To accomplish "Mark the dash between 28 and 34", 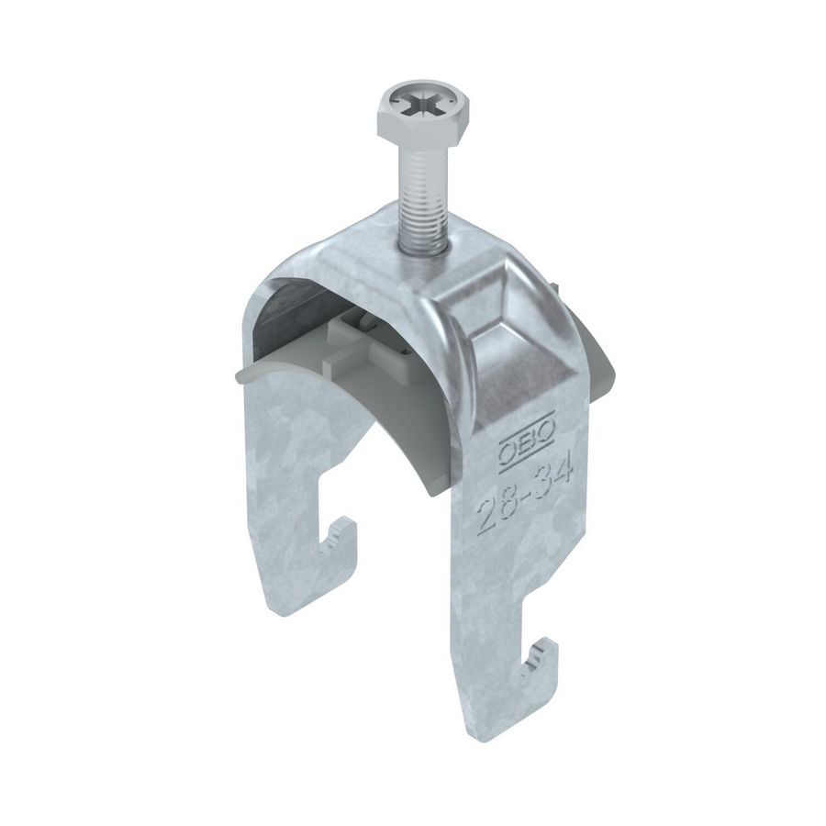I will coord(526,497).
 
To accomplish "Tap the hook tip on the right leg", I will coord(547,653).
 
